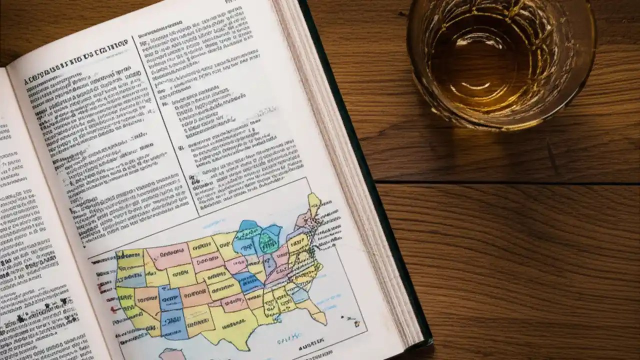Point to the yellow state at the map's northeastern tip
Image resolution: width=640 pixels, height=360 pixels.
314,203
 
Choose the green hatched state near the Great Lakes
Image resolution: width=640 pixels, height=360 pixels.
268,242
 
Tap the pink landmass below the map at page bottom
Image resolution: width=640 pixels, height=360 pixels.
172,354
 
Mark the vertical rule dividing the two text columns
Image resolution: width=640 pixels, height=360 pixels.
165,125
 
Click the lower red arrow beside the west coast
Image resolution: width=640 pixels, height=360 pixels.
114,309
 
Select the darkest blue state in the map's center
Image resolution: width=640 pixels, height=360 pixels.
248,281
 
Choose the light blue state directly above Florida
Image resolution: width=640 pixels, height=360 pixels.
300,294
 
